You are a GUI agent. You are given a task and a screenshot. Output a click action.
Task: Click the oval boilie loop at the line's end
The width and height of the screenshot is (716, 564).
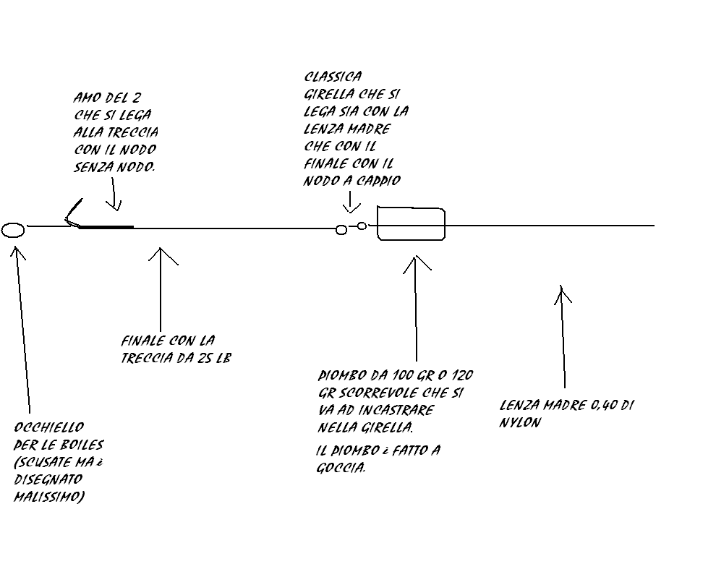click(13, 231)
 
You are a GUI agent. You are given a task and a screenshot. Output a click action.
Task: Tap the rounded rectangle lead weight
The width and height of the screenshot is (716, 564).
click(411, 224)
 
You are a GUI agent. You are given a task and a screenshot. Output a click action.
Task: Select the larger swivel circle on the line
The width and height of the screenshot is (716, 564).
click(341, 230)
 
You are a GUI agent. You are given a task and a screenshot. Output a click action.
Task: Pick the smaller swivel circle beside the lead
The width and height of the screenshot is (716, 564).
click(362, 226)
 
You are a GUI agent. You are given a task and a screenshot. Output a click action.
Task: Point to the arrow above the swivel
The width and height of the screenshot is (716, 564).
click(350, 202)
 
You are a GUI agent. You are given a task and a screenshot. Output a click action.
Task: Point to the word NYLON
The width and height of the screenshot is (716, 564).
click(520, 422)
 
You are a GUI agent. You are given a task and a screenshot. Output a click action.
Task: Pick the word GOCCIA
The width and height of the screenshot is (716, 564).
click(341, 467)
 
